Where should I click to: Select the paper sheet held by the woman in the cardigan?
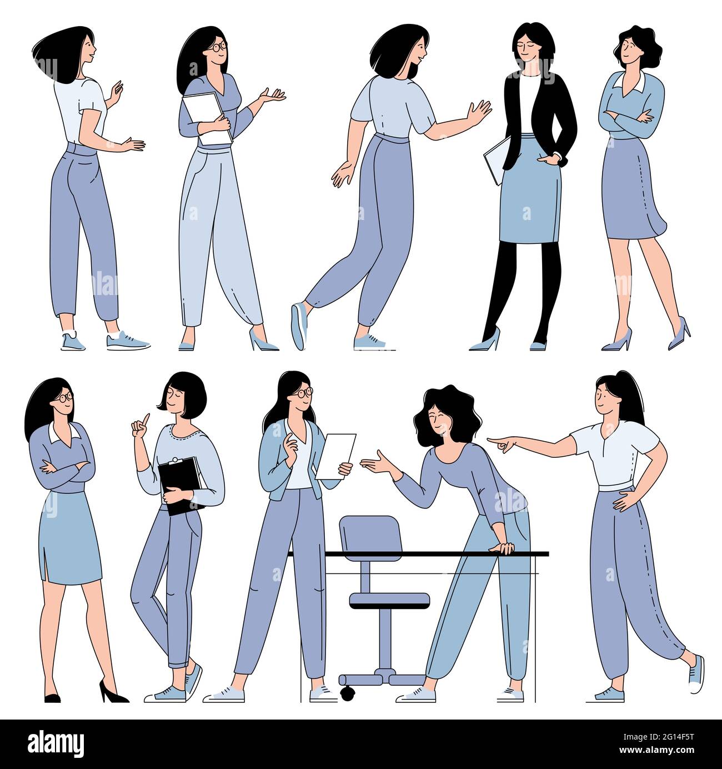pyautogui.click(x=335, y=456)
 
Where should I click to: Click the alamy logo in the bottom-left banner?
pyautogui.click(x=56, y=743)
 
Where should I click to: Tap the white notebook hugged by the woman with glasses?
pyautogui.click(x=206, y=118)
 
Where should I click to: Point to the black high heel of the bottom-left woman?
pyautogui.click(x=111, y=693)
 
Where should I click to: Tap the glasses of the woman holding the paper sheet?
pyautogui.click(x=303, y=392)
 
